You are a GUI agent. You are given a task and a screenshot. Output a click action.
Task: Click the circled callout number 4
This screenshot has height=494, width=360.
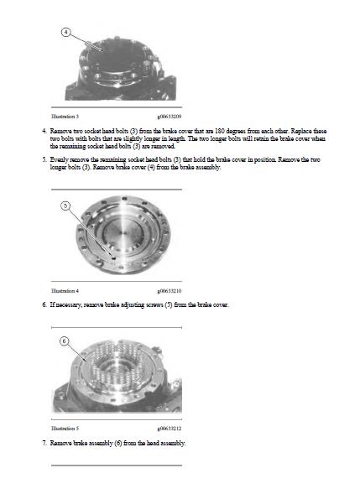click(x=65, y=32)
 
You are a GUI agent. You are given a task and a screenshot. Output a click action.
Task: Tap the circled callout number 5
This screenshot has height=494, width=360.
click(x=65, y=206)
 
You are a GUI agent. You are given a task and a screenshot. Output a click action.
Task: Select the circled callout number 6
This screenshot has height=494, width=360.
click(x=64, y=341)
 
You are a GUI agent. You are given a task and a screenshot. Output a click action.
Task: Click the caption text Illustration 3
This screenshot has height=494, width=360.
click(x=65, y=117)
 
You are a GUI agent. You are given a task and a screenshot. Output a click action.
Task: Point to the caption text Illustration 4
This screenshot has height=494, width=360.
click(x=65, y=291)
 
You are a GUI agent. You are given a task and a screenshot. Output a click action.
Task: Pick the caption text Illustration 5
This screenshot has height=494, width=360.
click(x=65, y=429)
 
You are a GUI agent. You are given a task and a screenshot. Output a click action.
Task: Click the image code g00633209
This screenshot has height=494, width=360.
click(x=170, y=117)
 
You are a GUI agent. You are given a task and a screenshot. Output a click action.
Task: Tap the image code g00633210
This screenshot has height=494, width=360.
click(x=170, y=291)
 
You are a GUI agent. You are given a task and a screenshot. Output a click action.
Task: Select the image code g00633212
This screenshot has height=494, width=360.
click(x=170, y=429)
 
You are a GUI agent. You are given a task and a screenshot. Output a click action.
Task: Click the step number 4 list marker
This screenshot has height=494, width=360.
click(x=44, y=131)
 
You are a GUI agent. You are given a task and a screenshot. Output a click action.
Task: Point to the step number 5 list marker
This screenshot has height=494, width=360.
click(x=44, y=159)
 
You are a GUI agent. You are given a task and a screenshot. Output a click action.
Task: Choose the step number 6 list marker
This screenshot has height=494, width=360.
click(x=44, y=304)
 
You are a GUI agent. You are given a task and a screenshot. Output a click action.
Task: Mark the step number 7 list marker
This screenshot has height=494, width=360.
click(x=44, y=443)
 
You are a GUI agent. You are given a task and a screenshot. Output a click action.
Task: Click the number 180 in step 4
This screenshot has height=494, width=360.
click(x=219, y=131)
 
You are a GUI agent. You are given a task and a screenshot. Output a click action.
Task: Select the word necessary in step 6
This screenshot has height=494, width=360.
click(x=69, y=305)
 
